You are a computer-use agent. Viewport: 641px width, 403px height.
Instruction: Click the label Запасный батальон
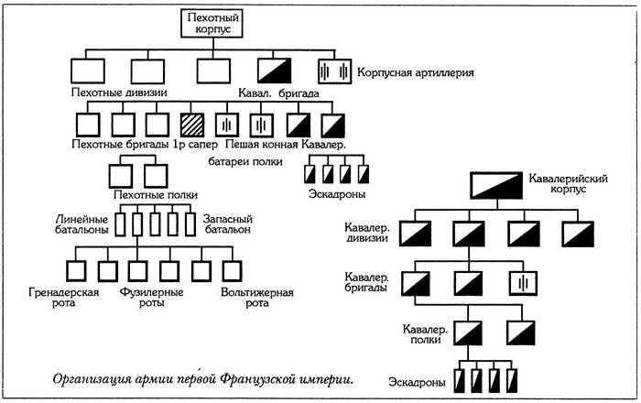pyautogui.click(x=223, y=224)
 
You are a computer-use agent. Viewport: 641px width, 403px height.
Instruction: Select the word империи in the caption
pyautogui.click(x=321, y=376)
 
